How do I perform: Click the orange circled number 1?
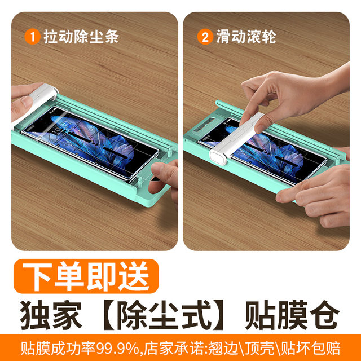point(33,37)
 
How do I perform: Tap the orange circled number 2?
point(204,37)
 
